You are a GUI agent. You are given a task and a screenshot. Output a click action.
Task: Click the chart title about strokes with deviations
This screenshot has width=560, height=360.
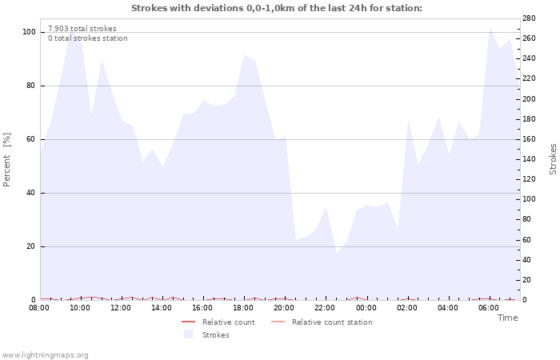[x=276, y=8]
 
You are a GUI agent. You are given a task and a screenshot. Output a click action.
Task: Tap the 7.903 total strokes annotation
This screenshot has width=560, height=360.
[x=82, y=29]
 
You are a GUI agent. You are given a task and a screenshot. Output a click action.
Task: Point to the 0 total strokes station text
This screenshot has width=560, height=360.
[x=87, y=38]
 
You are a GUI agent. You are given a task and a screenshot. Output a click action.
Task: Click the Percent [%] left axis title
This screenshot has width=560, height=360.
[x=7, y=160]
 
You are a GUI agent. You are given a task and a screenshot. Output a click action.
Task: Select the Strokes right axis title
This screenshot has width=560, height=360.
[x=553, y=159]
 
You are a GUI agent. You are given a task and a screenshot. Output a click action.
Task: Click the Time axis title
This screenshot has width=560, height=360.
[x=507, y=318]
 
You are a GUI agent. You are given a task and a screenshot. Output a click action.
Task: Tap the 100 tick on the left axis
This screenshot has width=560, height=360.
[x=29, y=32]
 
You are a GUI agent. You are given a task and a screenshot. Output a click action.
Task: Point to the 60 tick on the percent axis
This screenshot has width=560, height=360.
[x=31, y=139]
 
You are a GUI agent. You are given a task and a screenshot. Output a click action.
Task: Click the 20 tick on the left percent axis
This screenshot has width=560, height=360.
[x=31, y=246]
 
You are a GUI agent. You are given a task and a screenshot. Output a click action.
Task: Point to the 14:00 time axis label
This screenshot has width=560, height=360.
[x=162, y=307]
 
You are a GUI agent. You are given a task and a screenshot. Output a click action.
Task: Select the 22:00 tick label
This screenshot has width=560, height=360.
[x=325, y=307]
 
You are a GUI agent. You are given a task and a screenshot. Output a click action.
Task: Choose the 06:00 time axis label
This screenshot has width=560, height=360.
[x=488, y=307]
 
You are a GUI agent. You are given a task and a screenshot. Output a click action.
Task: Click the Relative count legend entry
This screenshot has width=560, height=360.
[x=228, y=322]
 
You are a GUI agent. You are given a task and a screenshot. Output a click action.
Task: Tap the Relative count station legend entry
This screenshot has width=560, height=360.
[x=331, y=322]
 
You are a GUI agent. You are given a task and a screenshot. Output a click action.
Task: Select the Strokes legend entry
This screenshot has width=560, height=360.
[x=215, y=335]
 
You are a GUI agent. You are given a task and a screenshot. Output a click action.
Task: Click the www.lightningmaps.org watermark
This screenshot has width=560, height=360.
[x=45, y=355]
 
